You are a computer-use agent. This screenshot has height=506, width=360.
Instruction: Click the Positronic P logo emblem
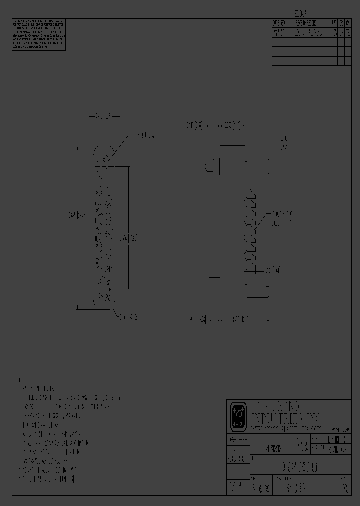(x=237, y=416)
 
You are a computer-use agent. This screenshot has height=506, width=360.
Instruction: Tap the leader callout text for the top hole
(x=146, y=135)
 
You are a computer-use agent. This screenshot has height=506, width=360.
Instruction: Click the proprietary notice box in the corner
(x=38, y=35)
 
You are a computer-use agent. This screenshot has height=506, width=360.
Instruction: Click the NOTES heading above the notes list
(x=23, y=379)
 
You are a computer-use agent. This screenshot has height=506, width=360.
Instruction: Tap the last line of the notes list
(x=46, y=478)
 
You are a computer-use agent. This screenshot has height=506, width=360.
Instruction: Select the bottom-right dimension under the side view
(x=241, y=319)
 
